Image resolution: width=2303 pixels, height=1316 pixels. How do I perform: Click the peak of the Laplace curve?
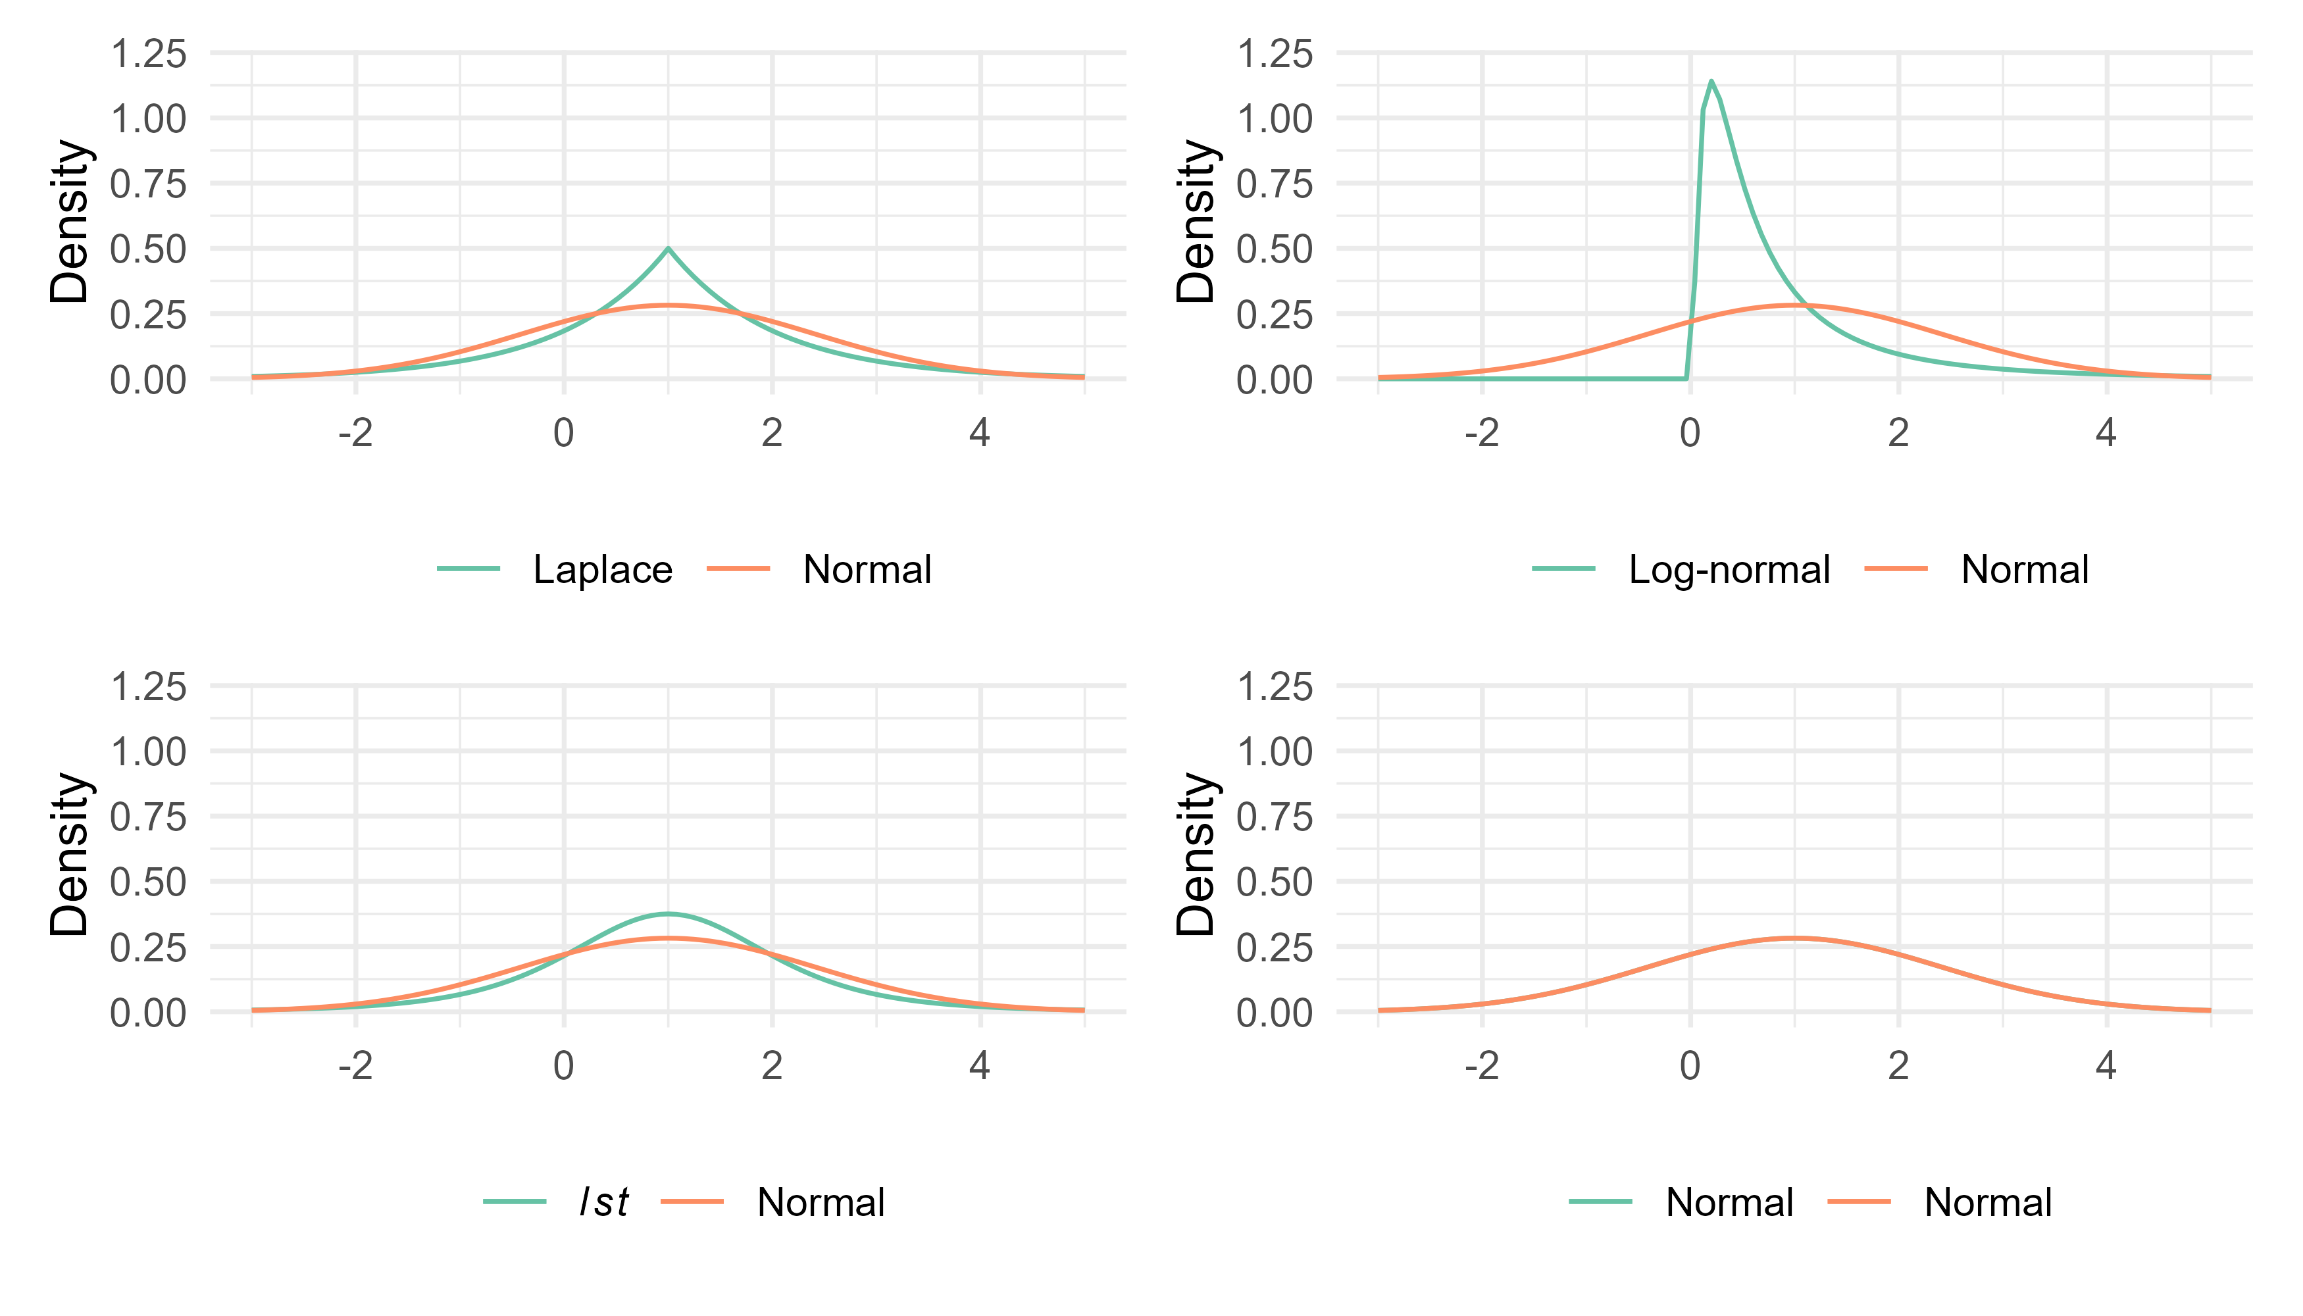pos(668,249)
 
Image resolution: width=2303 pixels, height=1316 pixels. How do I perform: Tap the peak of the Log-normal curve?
pos(1711,82)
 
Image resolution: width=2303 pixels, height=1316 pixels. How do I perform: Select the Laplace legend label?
pos(603,569)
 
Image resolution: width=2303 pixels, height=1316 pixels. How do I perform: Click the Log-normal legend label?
pos(1729,569)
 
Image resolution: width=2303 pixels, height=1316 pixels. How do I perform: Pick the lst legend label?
pos(604,1202)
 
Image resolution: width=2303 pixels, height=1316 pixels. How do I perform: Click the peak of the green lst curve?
pos(668,914)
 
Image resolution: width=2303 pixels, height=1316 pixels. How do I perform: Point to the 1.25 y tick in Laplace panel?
pos(148,53)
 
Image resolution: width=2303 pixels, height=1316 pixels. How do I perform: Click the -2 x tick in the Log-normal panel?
pos(1482,434)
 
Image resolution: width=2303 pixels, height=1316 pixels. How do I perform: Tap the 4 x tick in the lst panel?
pos(980,1067)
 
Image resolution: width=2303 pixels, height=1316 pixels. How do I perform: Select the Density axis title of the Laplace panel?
pos(70,222)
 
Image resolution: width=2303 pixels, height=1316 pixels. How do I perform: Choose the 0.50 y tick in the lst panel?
pos(148,882)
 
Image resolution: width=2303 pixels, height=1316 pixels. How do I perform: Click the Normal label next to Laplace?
pos(867,569)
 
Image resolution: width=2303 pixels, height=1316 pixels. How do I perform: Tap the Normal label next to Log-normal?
pos(2025,569)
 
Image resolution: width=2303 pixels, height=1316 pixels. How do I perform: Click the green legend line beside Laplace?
pos(468,569)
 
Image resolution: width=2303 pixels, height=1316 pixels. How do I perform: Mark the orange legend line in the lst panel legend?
pos(692,1202)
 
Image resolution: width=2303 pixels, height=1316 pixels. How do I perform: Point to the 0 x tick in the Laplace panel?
pos(564,434)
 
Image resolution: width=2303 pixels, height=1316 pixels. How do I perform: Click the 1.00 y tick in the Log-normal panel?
pos(1275,118)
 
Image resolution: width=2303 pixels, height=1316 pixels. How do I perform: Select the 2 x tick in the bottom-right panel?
pos(1898,1067)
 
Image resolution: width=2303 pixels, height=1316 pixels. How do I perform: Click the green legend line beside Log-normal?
pos(1563,569)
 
